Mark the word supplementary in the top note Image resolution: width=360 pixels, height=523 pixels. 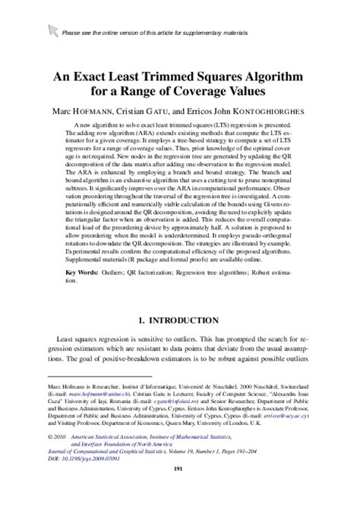pyautogui.click(x=176, y=31)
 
